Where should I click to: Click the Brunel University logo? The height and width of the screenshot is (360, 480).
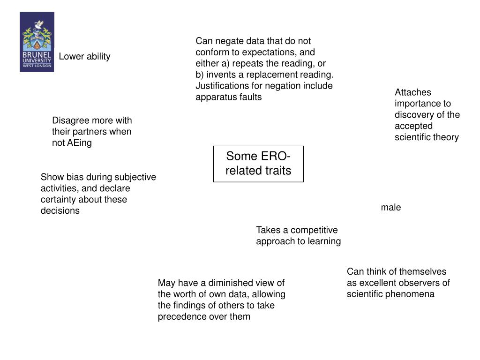click(37, 42)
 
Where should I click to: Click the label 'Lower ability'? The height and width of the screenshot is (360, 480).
click(84, 57)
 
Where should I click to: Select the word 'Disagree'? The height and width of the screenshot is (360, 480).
click(69, 120)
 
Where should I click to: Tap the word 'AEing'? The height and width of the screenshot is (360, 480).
click(79, 143)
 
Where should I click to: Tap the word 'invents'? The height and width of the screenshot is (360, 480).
click(218, 75)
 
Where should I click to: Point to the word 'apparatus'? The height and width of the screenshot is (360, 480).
click(215, 97)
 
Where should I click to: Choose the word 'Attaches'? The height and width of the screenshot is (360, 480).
click(412, 92)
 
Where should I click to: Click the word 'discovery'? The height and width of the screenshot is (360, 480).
click(414, 115)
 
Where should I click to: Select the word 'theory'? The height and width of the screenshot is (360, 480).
click(446, 137)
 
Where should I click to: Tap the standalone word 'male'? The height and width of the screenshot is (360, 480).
click(391, 208)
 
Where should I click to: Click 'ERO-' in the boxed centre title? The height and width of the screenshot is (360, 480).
click(273, 157)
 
